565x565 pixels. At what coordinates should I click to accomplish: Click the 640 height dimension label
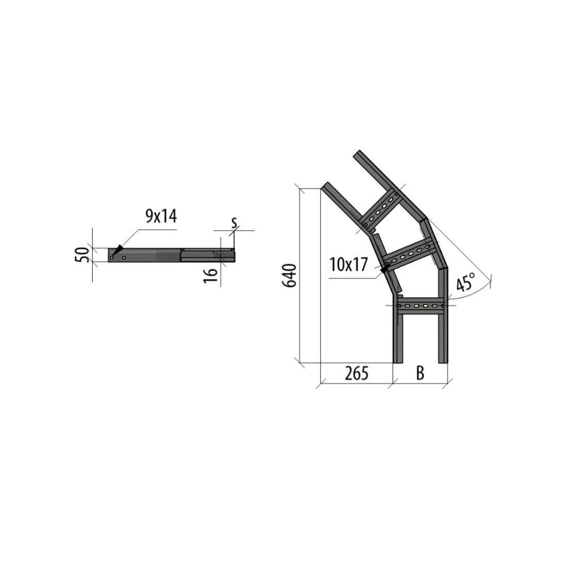(x=290, y=276)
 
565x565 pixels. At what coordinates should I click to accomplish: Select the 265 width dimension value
(x=357, y=373)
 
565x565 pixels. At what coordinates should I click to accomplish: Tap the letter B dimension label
(x=420, y=373)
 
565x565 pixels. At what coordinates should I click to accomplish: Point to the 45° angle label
(x=465, y=282)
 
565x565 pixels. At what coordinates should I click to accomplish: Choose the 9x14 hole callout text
(x=161, y=216)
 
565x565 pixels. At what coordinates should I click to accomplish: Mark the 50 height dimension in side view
(x=82, y=255)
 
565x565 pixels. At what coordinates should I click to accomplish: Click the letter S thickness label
(x=234, y=223)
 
